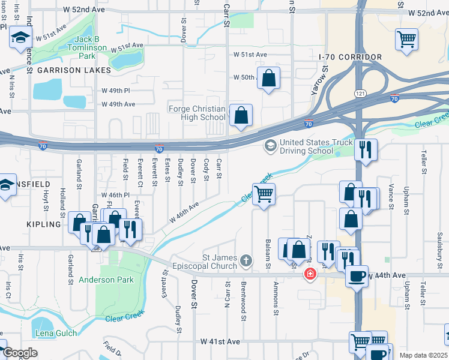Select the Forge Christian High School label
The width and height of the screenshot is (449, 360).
197,113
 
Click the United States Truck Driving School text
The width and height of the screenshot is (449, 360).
306,146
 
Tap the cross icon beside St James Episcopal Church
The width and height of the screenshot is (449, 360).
245,260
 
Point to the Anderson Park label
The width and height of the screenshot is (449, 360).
106,280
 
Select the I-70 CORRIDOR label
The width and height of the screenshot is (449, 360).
351,57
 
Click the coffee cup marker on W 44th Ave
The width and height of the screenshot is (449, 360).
357,277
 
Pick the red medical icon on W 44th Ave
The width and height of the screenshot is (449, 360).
310,274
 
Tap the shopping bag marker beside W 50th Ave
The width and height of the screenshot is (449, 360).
269,78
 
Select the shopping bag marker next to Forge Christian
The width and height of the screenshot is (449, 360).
241,115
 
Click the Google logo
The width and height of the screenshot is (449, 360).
20,353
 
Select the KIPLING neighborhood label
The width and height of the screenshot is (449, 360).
44,224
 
